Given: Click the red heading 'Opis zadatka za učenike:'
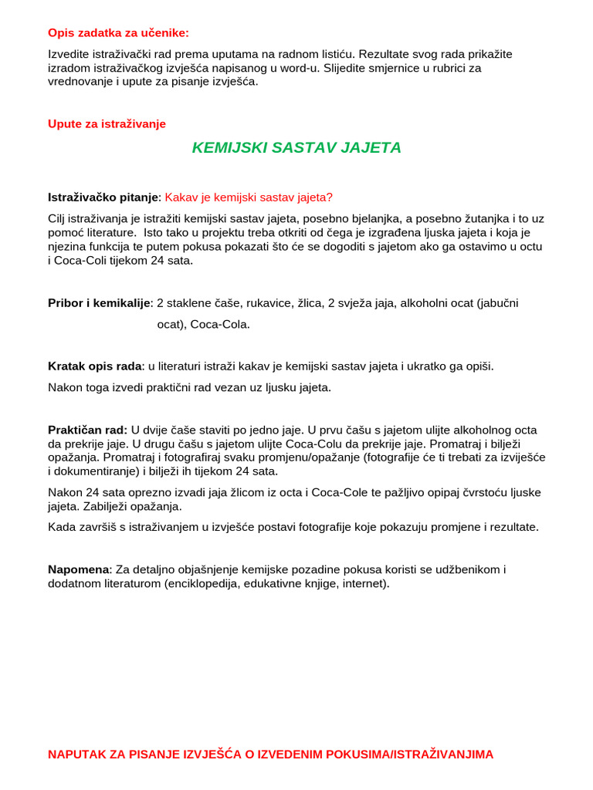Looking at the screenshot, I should pos(118,32).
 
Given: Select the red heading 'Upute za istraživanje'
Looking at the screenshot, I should pos(107,123).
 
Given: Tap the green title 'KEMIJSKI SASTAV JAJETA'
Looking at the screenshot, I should pos(296,147).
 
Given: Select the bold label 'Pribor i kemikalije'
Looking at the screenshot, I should pos(99,302).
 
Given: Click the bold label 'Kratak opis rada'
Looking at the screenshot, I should pos(95,366).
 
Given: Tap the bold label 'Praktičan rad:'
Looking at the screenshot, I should pos(88,430).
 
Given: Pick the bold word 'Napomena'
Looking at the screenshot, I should pos(80,569).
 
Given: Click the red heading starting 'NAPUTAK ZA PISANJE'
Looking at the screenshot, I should pos(270,754).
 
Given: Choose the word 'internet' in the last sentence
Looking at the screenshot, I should pos(366,583).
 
